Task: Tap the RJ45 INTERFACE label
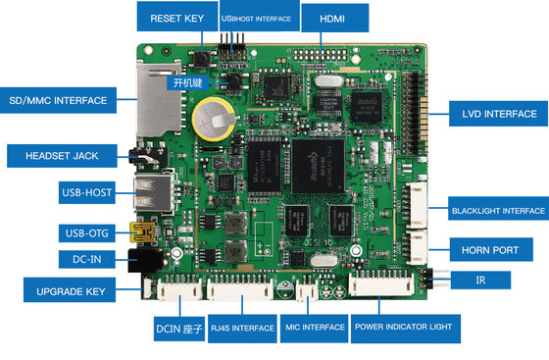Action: point(241,326)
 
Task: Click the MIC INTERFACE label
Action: point(313,326)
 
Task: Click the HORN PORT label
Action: point(491,249)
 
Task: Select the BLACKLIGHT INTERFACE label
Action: point(496,210)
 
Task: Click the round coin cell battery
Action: point(209,121)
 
